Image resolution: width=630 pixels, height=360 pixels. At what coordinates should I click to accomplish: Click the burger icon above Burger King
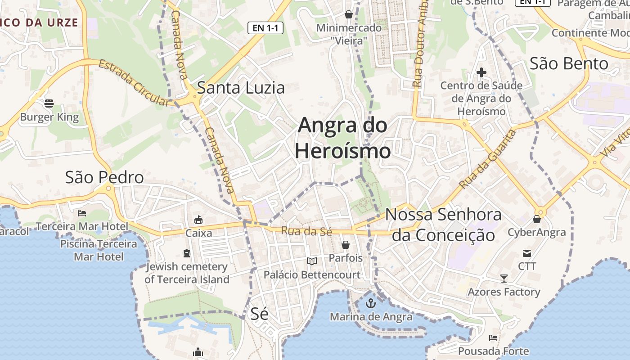[x=49, y=104]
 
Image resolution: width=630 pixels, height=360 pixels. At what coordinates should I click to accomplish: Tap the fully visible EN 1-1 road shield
[x=265, y=28]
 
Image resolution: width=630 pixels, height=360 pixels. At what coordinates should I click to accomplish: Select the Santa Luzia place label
[x=241, y=88]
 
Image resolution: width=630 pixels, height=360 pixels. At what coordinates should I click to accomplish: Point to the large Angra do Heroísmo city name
[x=342, y=138]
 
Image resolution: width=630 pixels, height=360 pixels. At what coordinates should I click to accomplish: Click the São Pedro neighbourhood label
[x=104, y=177]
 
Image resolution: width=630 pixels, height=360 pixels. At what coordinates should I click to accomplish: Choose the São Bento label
[x=569, y=63]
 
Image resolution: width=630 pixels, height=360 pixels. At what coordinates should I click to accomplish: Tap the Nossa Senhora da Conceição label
[x=443, y=225]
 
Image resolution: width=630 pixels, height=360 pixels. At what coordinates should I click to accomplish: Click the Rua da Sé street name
[x=306, y=231]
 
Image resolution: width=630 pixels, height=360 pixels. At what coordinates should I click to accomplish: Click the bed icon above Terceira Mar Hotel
[x=81, y=213]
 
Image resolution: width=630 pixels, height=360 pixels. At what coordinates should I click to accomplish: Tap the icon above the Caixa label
[x=198, y=220]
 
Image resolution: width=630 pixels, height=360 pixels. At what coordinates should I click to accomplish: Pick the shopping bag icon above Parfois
[x=346, y=245]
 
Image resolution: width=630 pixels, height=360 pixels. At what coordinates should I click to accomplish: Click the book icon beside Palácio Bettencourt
[x=312, y=261]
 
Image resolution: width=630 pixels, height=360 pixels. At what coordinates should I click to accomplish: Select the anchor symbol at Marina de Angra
[x=370, y=303]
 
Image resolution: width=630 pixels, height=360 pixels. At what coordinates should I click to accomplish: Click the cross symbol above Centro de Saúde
[x=481, y=72]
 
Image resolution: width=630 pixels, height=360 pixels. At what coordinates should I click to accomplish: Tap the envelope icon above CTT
[x=527, y=253]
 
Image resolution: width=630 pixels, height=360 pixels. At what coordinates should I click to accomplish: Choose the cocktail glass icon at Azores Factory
[x=504, y=279]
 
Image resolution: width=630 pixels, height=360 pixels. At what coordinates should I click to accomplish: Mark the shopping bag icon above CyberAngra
[x=536, y=219]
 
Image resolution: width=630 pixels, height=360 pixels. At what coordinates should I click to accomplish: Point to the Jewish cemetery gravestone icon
[x=187, y=254]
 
